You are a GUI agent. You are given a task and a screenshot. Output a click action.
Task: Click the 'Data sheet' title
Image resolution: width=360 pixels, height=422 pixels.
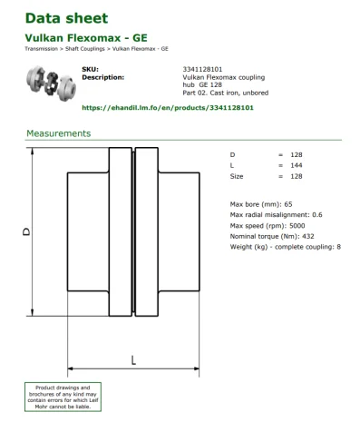[x=66, y=18]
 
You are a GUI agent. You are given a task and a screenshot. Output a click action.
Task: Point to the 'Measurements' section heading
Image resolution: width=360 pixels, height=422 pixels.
[x=58, y=133]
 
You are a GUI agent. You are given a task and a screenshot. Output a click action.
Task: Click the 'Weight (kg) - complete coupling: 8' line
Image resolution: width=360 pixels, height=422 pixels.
[x=286, y=247]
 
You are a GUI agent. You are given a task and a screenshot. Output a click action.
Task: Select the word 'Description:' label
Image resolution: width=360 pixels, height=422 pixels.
[x=102, y=77]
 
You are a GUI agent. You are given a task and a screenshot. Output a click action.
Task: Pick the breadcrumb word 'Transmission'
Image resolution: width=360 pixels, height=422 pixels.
[x=40, y=48]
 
